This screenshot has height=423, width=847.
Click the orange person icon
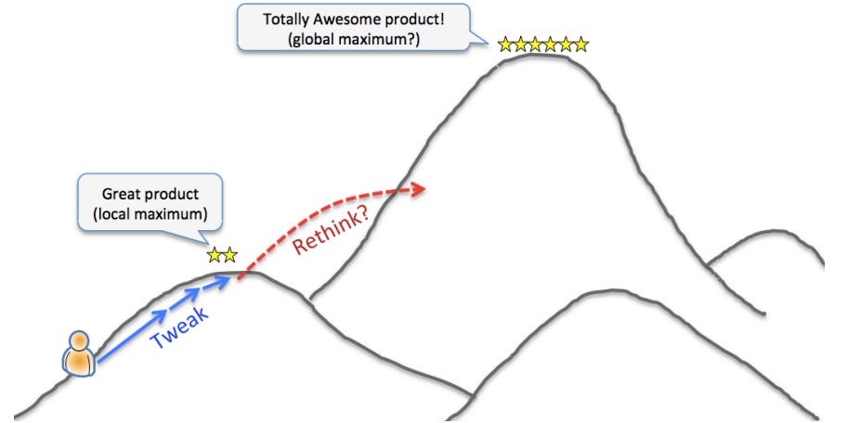click(x=80, y=352)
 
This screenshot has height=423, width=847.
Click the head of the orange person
click(x=80, y=340)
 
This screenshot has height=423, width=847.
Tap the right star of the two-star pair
click(x=229, y=254)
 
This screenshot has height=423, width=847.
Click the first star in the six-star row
click(x=505, y=44)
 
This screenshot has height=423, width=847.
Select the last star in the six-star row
click(x=581, y=44)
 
